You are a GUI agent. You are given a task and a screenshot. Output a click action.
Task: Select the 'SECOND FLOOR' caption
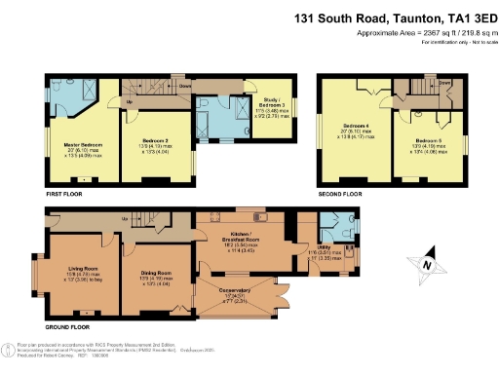[339, 195]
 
